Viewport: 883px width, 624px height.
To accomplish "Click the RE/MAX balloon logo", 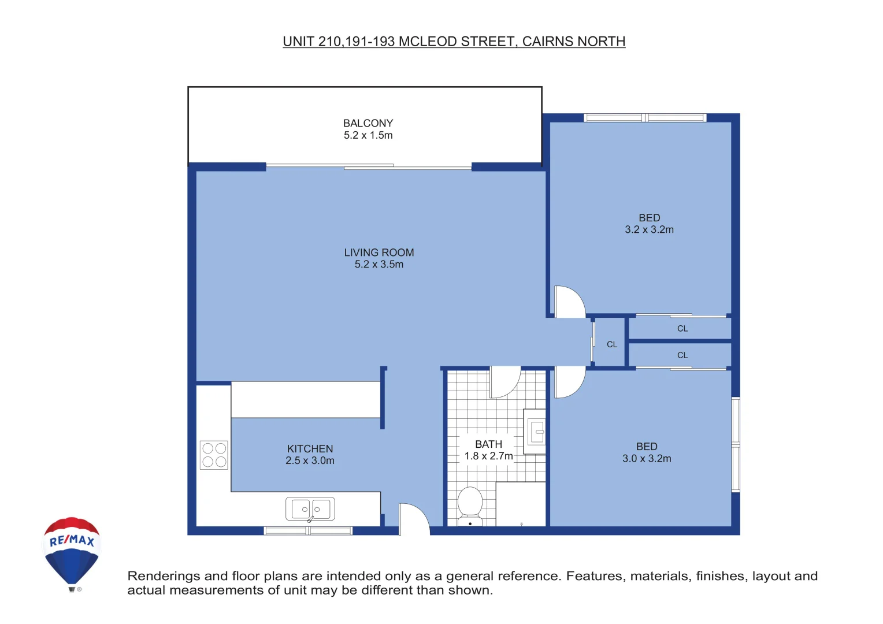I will point(72,552).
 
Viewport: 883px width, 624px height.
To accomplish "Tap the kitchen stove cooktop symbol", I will point(214,455).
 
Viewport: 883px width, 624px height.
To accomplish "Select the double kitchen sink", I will point(310,509).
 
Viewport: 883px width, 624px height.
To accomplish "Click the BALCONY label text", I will point(368,123).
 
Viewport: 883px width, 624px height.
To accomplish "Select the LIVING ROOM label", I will point(379,252).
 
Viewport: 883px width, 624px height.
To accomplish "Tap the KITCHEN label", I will point(310,449).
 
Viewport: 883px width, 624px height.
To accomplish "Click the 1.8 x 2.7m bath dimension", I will point(488,456).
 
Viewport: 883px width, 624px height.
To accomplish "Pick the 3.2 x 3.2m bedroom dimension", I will point(649,229).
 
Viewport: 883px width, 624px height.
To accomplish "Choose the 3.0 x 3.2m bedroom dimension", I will point(647,458).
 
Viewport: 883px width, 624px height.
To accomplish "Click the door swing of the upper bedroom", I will point(569,302).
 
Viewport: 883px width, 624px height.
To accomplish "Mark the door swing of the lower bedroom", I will point(569,382).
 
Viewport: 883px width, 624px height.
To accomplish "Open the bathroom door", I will point(504,382).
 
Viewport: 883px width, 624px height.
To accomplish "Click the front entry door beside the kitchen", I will point(414,519).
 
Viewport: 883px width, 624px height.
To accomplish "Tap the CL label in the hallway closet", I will point(612,344).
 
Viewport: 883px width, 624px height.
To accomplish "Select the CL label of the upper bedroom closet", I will point(682,329).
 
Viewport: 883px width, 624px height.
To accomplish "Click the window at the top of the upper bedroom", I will point(645,118).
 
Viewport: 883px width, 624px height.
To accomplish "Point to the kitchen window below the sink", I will point(308,530).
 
